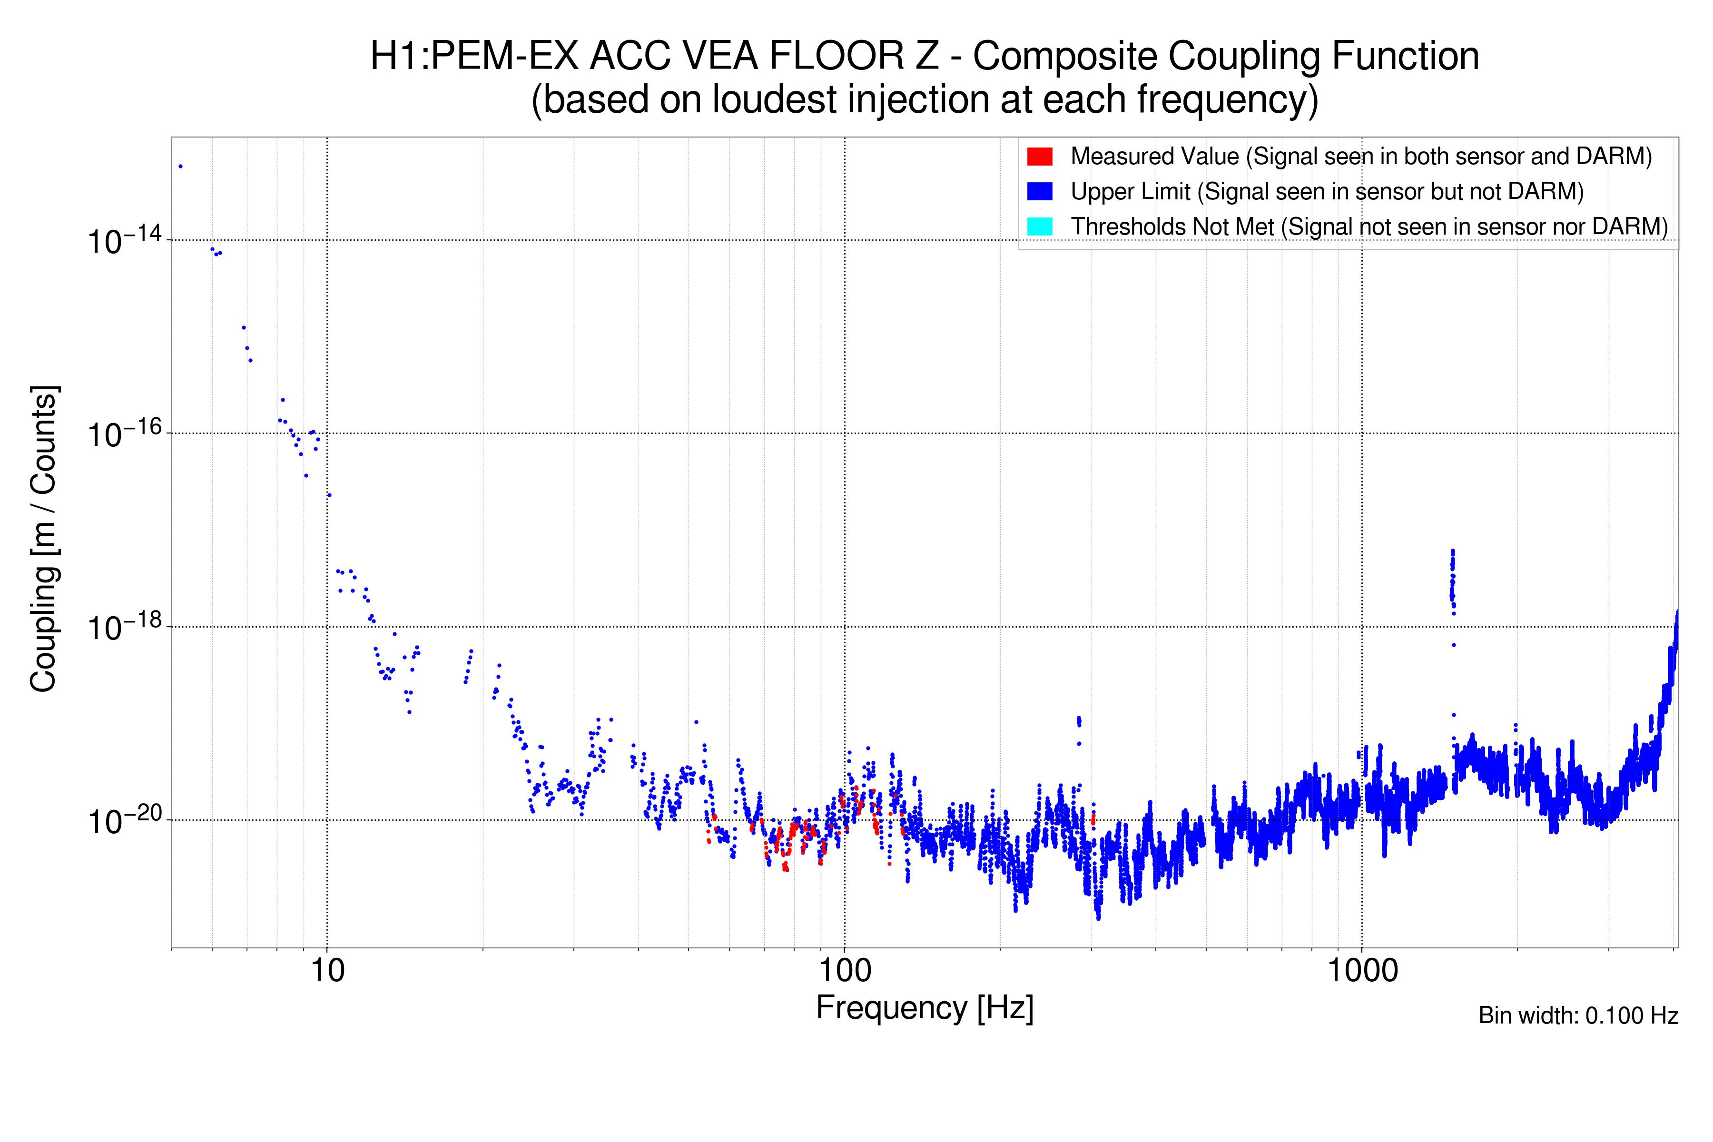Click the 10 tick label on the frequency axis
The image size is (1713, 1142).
[327, 971]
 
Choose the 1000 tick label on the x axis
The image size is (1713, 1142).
[1362, 971]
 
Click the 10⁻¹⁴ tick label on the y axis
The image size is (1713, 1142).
[124, 240]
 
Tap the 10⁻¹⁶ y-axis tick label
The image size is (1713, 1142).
[124, 434]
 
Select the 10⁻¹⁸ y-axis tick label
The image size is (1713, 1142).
[124, 627]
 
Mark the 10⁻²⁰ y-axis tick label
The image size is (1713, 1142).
[124, 821]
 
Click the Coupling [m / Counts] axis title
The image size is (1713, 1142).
[44, 539]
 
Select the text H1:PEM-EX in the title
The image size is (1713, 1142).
[474, 56]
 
